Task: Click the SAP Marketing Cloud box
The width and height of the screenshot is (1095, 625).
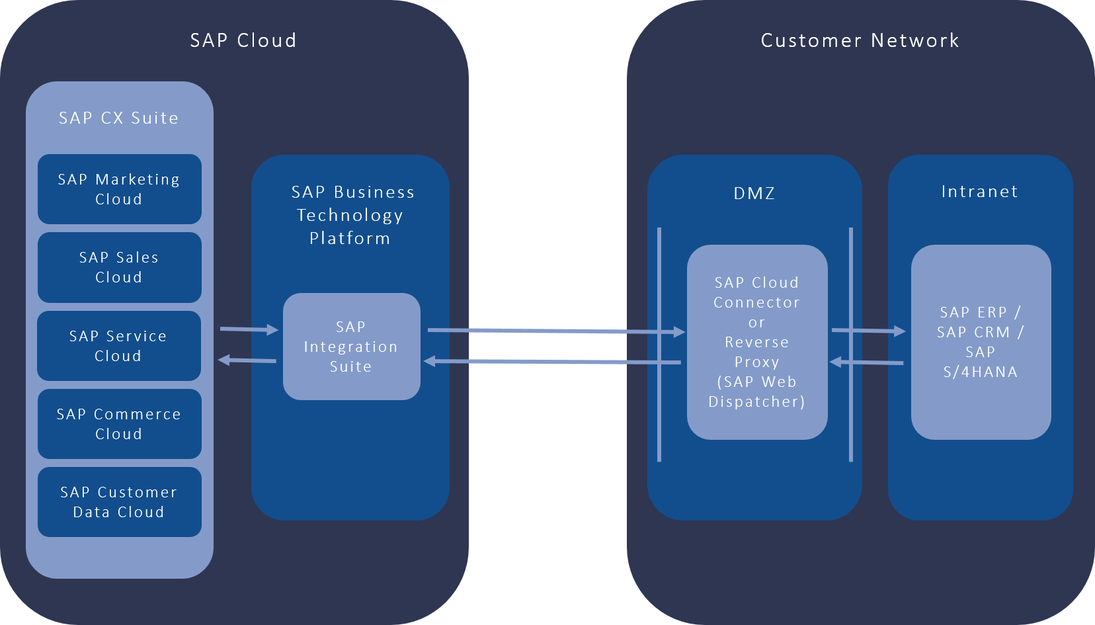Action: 119,189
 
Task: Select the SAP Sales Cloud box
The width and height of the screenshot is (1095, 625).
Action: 119,267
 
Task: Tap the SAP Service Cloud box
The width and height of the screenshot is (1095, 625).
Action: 119,345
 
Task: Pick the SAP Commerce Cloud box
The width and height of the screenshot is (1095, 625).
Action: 119,423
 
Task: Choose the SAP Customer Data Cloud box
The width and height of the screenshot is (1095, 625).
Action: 119,501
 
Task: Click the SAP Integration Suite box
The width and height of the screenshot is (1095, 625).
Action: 351,347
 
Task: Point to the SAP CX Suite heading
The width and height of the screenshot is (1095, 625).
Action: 119,118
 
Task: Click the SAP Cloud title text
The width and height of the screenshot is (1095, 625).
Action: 243,40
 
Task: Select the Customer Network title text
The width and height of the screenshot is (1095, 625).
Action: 860,40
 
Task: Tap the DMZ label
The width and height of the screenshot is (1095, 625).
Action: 754,193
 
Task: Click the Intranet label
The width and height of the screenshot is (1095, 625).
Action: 979,192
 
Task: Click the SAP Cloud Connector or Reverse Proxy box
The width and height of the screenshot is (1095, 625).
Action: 757,342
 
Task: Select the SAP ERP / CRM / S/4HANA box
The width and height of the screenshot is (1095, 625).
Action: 981,342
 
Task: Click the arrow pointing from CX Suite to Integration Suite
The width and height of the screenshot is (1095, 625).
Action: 248,329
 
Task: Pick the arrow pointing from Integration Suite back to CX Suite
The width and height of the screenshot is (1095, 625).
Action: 247,360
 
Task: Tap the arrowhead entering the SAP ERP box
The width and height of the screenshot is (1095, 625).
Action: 899,331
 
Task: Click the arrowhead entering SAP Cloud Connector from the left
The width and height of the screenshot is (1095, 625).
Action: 678,331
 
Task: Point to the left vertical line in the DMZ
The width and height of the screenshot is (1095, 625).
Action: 659,344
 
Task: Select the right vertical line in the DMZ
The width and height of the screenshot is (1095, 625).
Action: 850,344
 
